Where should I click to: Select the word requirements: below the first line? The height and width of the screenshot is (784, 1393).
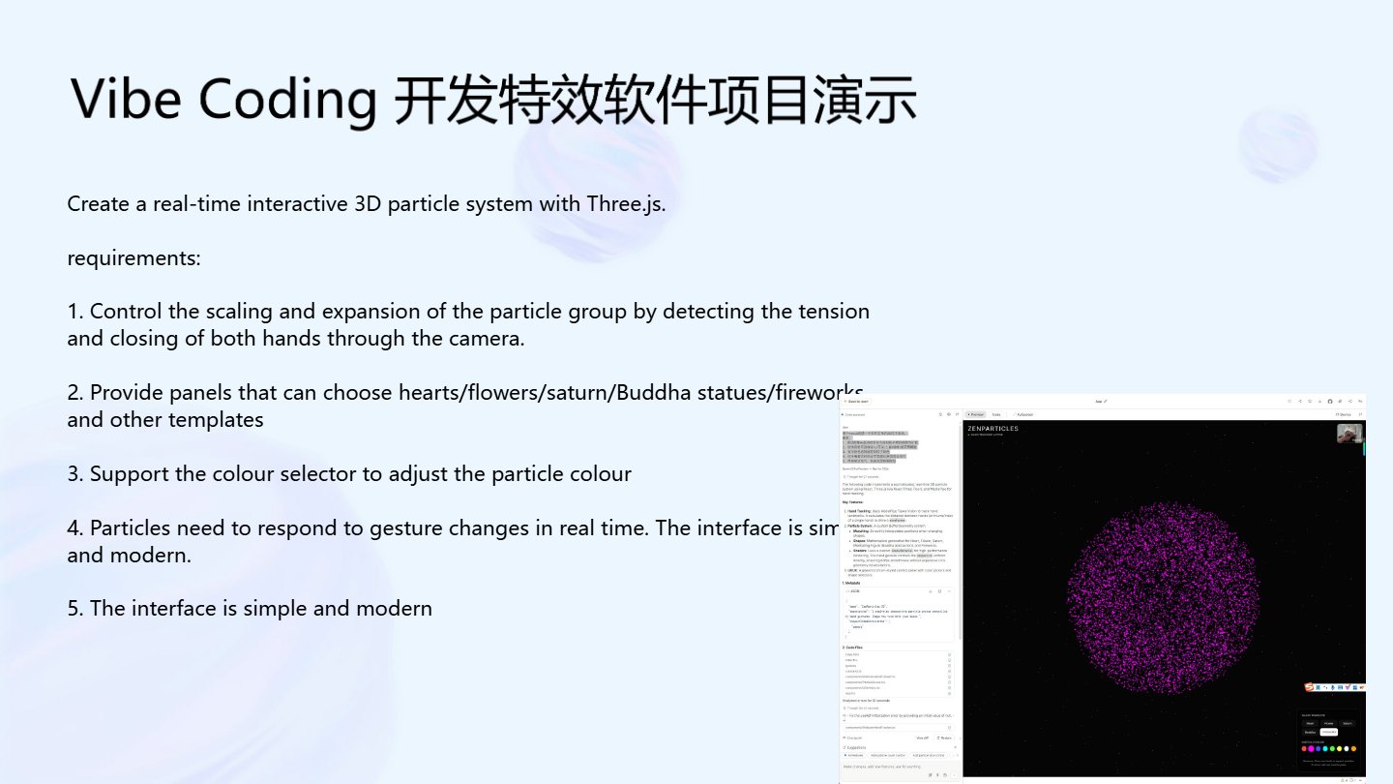(x=133, y=258)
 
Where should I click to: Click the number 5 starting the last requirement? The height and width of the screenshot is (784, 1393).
(x=73, y=608)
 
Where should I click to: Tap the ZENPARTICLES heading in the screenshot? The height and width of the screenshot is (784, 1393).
(x=993, y=428)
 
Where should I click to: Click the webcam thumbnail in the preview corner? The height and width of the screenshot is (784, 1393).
(x=1349, y=433)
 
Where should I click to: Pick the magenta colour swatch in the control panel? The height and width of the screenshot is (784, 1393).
(x=1311, y=748)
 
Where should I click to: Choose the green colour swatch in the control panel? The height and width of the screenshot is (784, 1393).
(x=1332, y=748)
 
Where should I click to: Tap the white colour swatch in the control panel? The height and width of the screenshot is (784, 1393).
(x=1347, y=748)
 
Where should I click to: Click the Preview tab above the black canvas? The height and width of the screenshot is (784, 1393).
(x=976, y=414)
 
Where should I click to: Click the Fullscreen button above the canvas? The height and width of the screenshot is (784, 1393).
(x=1024, y=414)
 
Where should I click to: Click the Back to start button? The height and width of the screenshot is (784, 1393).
(x=857, y=402)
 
